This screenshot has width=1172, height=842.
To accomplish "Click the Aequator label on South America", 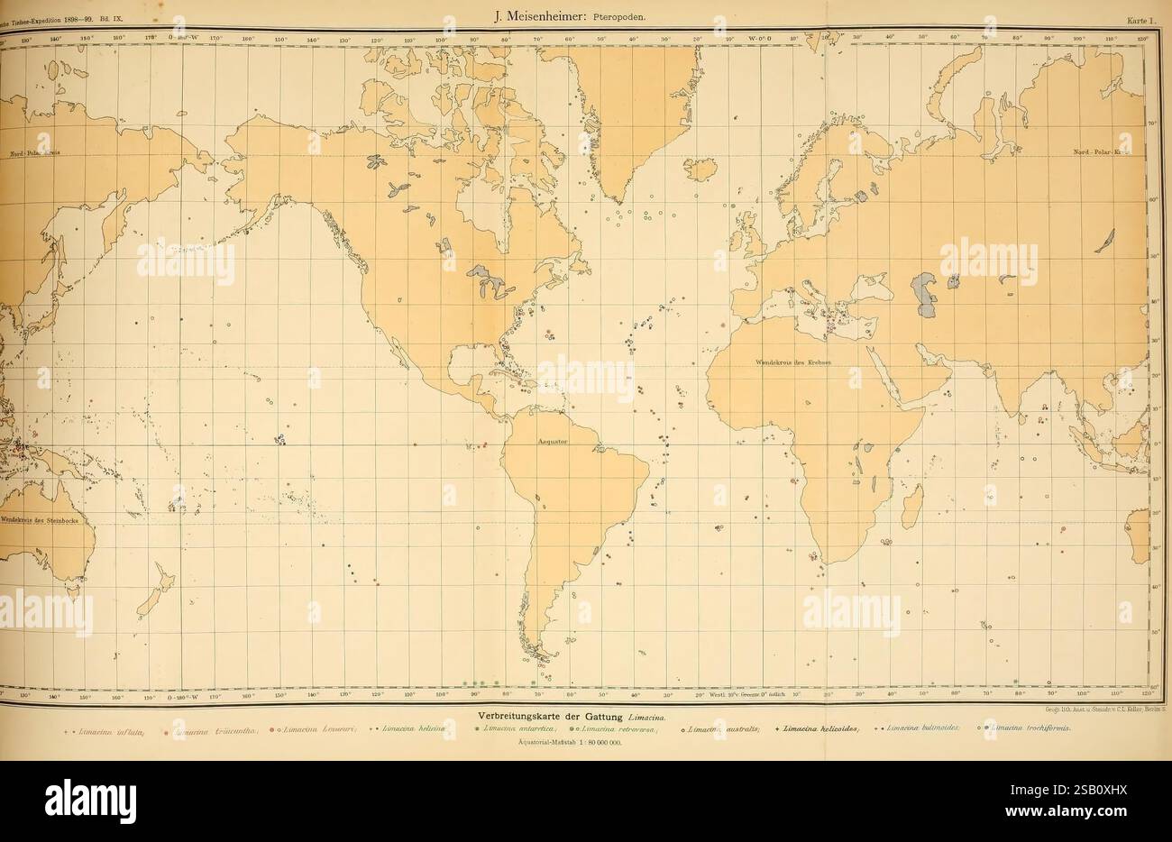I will click(552, 442).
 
